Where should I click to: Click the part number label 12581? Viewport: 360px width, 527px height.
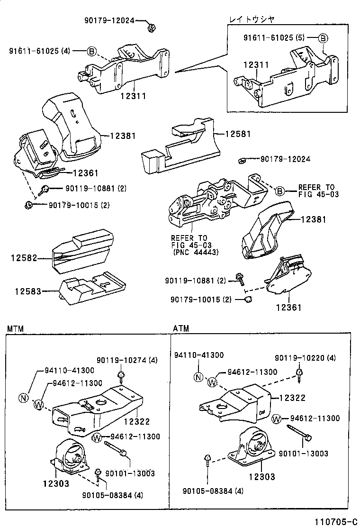[x=239, y=134]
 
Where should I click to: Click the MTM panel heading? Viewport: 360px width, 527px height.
[x=15, y=328]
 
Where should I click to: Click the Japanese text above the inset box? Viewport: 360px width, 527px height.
[x=252, y=19]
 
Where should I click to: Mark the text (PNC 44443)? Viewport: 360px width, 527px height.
[x=195, y=253]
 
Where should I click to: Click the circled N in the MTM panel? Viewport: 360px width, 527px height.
[x=23, y=398]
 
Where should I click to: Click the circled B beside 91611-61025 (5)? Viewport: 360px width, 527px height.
[x=322, y=38]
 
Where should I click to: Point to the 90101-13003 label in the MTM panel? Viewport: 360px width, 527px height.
[x=130, y=473]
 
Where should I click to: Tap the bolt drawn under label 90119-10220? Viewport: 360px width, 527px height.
[x=299, y=375]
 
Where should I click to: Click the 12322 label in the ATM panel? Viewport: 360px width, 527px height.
[x=292, y=398]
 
